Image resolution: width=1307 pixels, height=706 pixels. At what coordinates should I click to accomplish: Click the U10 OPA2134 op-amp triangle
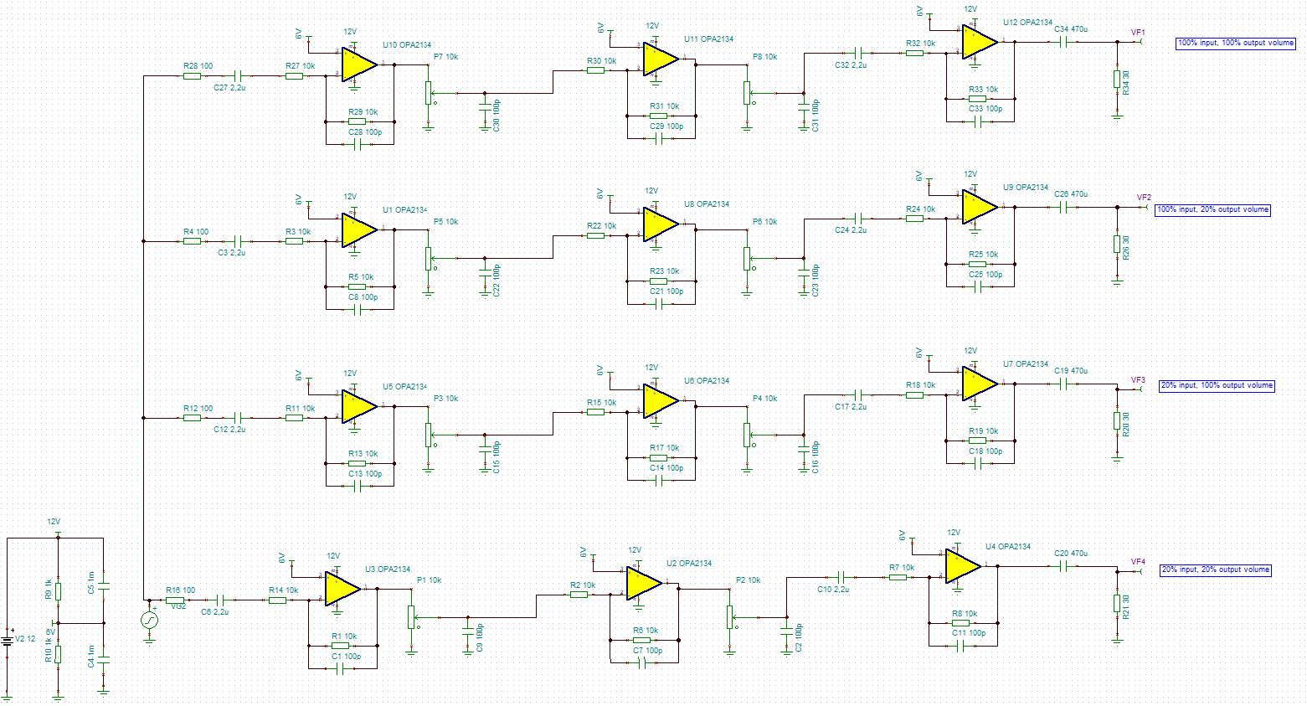358,64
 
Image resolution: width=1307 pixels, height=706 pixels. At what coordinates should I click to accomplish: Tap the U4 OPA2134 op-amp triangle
962,566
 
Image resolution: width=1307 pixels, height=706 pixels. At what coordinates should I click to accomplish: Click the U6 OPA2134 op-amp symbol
660,401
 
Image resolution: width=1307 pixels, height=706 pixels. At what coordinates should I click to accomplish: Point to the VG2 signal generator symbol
149,620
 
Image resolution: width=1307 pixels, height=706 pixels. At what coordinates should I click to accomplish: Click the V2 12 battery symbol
8,640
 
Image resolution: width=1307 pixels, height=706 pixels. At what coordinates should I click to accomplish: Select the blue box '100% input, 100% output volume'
1235,43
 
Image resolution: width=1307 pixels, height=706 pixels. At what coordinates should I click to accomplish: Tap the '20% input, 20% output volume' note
1215,569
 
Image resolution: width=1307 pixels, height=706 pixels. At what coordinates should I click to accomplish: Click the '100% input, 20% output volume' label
1212,209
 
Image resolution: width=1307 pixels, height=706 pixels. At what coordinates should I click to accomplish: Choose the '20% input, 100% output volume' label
1217,385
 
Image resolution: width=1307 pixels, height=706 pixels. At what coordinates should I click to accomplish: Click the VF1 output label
1138,33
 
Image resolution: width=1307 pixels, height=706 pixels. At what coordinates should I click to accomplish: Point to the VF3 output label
1138,380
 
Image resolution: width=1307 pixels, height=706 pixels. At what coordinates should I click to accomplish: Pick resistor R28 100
193,76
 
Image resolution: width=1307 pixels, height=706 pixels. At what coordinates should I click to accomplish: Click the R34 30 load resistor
1117,79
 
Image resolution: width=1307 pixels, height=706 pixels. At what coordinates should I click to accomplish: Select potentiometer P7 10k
428,93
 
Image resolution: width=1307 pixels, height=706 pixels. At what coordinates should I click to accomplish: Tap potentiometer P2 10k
730,616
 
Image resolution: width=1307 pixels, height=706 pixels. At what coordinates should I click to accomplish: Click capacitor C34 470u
1064,42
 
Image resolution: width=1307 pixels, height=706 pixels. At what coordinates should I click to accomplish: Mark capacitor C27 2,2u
239,76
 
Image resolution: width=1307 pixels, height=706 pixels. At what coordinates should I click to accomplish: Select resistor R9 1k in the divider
58,590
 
